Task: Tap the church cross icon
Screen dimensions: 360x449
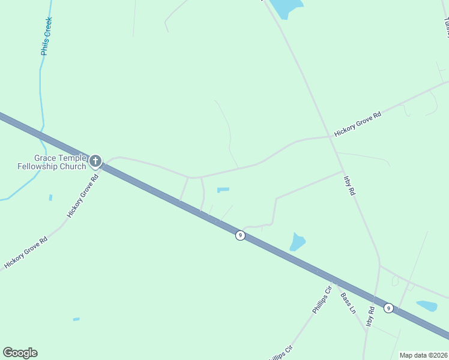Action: coord(95,160)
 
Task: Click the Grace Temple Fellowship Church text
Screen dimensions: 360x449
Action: coord(52,162)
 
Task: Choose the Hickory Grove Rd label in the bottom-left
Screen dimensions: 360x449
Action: coord(25,253)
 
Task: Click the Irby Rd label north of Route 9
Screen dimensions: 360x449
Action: coord(349,186)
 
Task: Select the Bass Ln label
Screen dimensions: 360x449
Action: coord(348,303)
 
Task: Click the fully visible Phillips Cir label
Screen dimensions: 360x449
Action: coord(322,300)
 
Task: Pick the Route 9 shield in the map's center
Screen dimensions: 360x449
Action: coord(240,235)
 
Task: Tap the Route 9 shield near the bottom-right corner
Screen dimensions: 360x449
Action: coord(389,308)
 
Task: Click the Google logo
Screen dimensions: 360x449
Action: coord(20,353)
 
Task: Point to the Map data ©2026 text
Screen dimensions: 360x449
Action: coord(423,355)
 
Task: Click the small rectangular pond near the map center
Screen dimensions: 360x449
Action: coord(223,190)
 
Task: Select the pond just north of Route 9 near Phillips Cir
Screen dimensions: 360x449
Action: coord(297,242)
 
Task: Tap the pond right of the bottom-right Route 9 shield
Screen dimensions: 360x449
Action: coord(427,306)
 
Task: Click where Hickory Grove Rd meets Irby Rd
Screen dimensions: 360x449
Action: coord(332,136)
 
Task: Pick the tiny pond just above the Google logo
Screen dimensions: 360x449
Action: coord(76,319)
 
